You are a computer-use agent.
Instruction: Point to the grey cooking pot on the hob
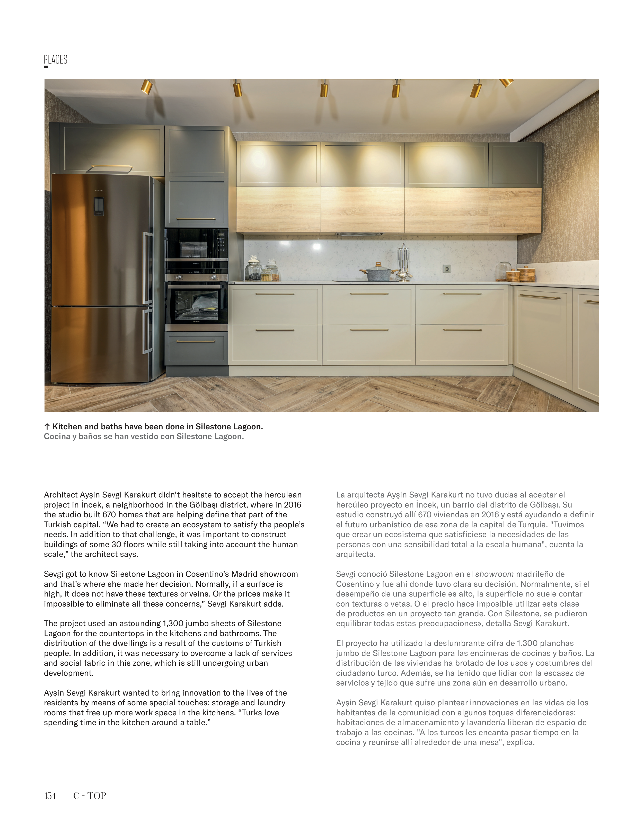[x=378, y=273]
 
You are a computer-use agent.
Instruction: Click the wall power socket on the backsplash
[x=447, y=269]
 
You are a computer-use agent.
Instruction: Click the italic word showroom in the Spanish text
[x=494, y=574]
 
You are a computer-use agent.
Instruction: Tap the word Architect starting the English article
[x=61, y=495]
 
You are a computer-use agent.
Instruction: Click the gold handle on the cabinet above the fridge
[x=111, y=166]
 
